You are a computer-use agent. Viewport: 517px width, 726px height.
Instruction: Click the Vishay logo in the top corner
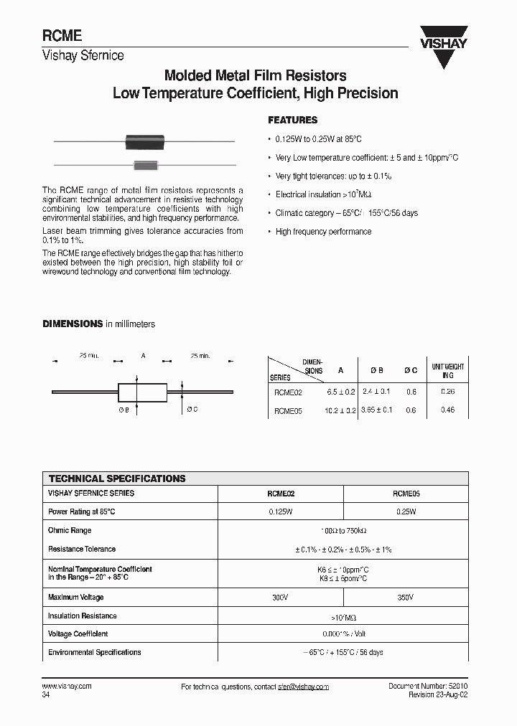[x=443, y=49]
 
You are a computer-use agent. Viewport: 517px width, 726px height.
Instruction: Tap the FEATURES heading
[x=292, y=121]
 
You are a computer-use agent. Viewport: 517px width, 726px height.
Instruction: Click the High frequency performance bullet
[x=323, y=232]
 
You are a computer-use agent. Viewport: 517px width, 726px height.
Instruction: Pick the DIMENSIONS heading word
[x=73, y=324]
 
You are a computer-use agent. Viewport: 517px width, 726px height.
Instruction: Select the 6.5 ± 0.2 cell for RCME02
[x=340, y=392]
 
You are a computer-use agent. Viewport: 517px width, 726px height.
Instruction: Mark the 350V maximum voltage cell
[x=406, y=597]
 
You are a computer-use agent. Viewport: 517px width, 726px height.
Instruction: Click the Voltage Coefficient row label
[x=78, y=634]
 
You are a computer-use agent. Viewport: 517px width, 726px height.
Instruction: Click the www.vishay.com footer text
[x=67, y=687]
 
